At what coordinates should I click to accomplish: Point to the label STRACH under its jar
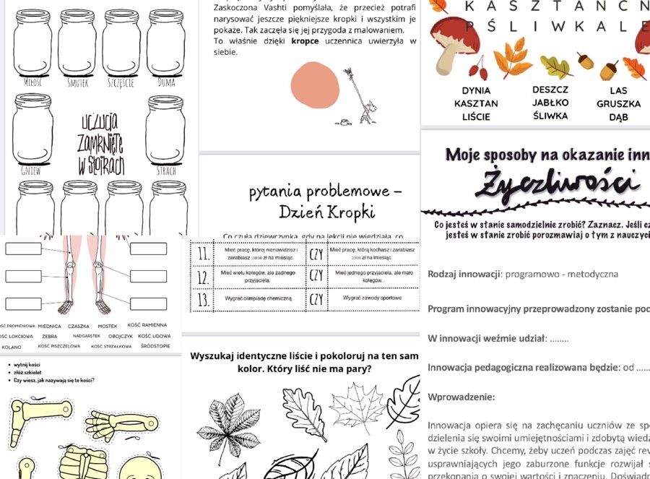coord(165,172)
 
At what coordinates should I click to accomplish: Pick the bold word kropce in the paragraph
coord(305,41)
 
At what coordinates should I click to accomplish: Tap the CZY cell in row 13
coord(316,298)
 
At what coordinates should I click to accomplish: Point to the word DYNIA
coord(476,91)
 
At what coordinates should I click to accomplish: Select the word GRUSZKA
coord(618,104)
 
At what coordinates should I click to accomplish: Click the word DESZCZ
coord(550,90)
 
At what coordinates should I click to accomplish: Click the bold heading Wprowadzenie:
coord(461,397)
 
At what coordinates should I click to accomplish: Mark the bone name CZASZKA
coord(78,326)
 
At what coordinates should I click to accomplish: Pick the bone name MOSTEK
coord(108,326)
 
